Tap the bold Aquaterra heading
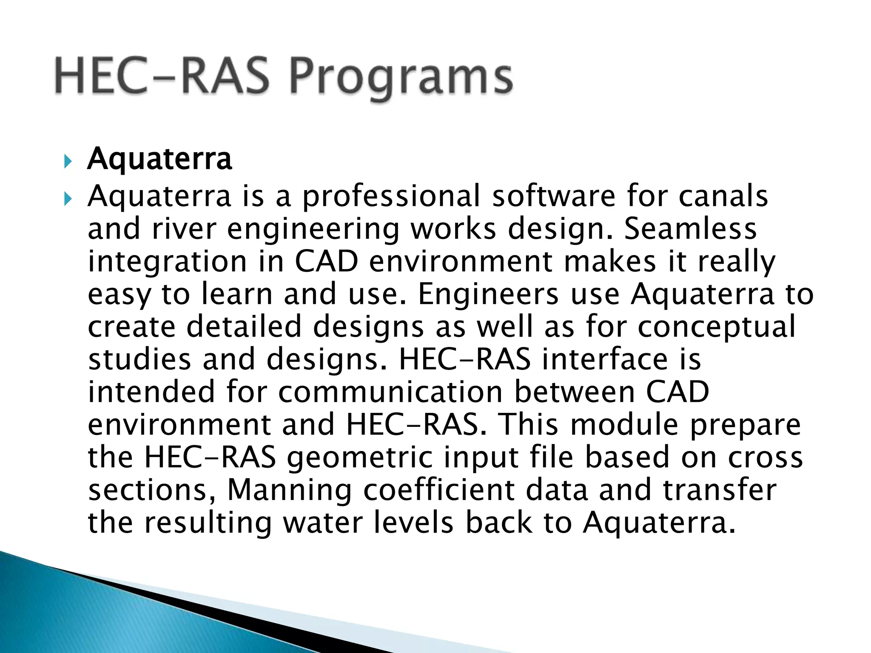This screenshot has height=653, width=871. pos(159,159)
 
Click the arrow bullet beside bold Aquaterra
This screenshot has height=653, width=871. pos(68,162)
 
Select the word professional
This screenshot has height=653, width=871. pos(391,196)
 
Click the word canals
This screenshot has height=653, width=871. pos(723,196)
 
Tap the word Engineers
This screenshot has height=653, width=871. pos(488,294)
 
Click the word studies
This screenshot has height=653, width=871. pos(139,360)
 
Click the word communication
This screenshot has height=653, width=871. pos(390,392)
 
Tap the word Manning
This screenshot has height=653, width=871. pos(289,490)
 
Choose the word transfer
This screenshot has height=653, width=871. pos(720,490)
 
